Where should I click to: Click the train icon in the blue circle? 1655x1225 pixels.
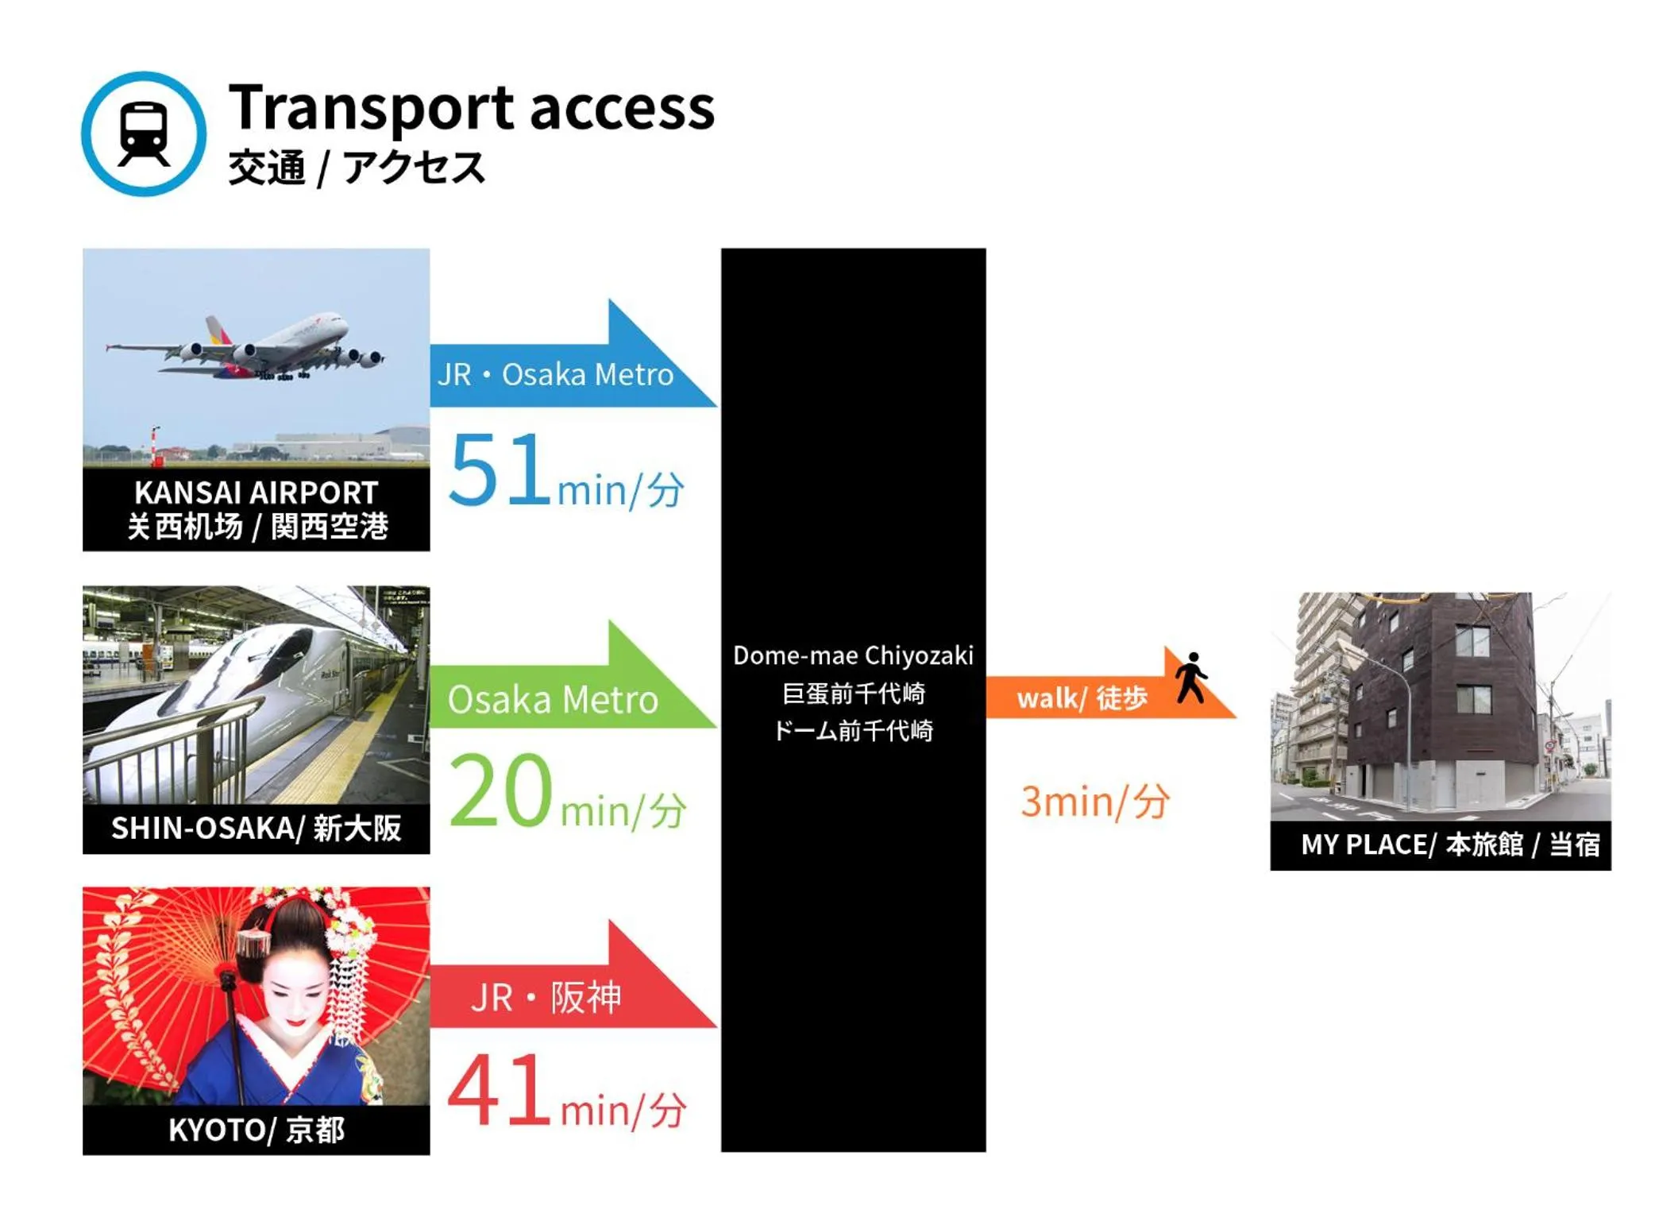(x=144, y=134)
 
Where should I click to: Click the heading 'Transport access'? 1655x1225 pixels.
(x=472, y=107)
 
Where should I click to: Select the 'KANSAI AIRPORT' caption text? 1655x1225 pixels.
(x=256, y=492)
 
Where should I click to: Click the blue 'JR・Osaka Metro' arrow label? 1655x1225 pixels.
(x=555, y=374)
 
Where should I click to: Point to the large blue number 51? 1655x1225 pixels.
(x=500, y=469)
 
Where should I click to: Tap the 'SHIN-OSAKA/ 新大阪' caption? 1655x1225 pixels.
(x=256, y=828)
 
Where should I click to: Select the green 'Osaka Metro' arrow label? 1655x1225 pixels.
(x=553, y=699)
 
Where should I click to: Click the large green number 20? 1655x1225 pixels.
(x=500, y=790)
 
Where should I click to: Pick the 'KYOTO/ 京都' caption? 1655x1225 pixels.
(x=256, y=1129)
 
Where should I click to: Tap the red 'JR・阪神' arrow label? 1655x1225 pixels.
(x=546, y=997)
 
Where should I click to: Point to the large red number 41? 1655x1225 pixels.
(x=499, y=1090)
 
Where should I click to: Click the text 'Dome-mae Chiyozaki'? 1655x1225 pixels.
(x=853, y=655)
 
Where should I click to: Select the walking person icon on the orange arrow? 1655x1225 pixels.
(x=1191, y=678)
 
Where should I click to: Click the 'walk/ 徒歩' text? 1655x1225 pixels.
(x=1082, y=698)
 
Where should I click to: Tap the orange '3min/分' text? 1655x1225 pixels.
(x=1094, y=801)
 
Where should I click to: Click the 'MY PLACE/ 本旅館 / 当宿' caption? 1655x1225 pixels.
(x=1450, y=844)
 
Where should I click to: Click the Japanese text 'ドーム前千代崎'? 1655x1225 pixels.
(x=853, y=730)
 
